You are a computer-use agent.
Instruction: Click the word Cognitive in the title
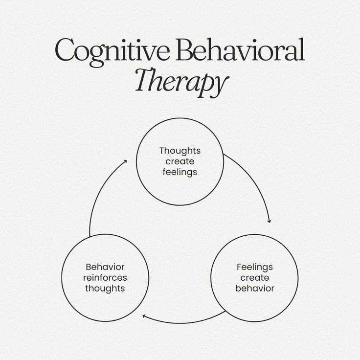tap(112, 52)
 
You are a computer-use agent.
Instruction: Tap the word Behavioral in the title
tap(240, 50)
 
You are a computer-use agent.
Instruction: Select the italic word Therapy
tap(182, 82)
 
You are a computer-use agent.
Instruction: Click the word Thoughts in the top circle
tap(180, 151)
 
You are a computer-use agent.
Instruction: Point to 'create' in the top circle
tap(180, 161)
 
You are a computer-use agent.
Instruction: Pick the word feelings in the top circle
tap(180, 172)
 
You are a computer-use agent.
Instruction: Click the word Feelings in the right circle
tap(255, 268)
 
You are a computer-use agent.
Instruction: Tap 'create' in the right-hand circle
tap(255, 278)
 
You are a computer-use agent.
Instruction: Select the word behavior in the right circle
tap(255, 288)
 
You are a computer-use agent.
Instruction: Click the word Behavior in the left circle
tap(105, 267)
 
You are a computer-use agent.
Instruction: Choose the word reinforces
tap(105, 278)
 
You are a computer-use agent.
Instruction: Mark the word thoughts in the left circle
tap(105, 289)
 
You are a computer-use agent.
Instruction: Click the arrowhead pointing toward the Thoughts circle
tap(125, 161)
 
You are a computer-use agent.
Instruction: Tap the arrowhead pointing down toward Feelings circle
tap(270, 221)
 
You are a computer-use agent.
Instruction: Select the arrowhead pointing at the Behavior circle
tap(144, 316)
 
